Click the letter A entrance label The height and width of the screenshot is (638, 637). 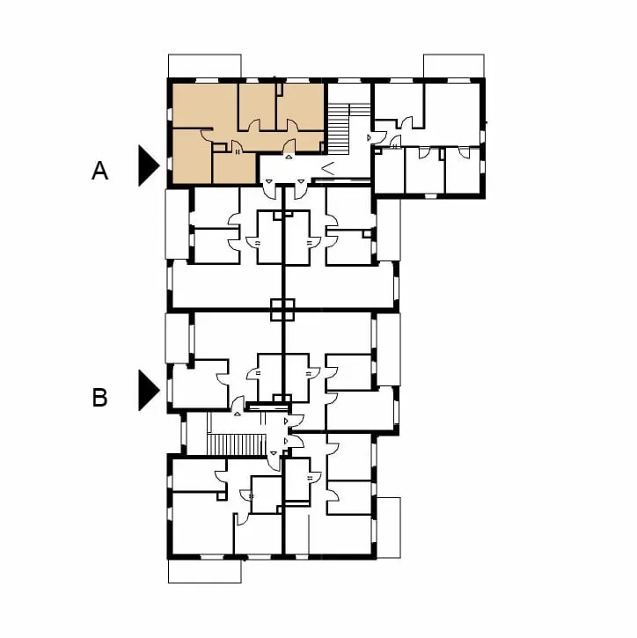tap(100, 171)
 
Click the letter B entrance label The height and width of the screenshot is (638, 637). tap(100, 398)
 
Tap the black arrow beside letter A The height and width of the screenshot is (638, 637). tap(149, 165)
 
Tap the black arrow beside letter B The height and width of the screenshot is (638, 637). tap(149, 390)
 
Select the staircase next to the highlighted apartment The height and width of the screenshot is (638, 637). tap(339, 129)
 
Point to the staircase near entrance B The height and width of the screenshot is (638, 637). tap(237, 444)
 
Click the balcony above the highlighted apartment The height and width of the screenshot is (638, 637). tap(205, 65)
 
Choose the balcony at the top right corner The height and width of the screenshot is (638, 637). tap(454, 65)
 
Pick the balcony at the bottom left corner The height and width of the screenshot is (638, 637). tap(205, 571)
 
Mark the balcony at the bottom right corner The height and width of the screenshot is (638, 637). tap(389, 528)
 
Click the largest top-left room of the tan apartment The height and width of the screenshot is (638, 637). tap(205, 106)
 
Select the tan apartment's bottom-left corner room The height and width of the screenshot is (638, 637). tap(192, 157)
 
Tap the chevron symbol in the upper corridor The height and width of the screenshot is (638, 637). tap(328, 168)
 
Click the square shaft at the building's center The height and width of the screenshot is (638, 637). tap(282, 310)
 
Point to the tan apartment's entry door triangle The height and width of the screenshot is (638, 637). tap(289, 157)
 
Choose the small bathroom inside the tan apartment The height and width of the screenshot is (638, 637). tap(234, 168)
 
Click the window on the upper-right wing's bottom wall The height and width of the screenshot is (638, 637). tap(429, 196)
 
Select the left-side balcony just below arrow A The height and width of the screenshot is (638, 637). tap(177, 224)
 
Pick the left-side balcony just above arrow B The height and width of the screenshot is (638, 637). tap(177, 338)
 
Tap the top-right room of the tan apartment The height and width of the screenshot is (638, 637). tap(301, 106)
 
